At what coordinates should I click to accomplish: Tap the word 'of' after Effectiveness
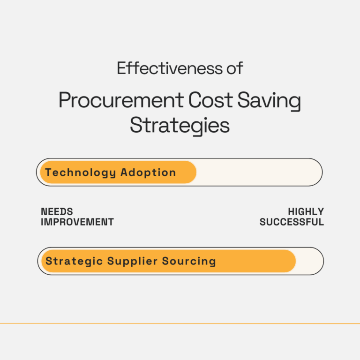pos(234,68)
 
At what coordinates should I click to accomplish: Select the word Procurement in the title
pos(120,101)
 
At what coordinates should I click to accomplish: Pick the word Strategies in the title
pos(180,125)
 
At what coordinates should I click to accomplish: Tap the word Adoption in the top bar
pos(148,172)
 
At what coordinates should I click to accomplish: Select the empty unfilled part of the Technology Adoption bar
pos(258,172)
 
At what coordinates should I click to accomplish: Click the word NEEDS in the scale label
pos(57,212)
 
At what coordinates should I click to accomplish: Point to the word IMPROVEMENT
pos(77,222)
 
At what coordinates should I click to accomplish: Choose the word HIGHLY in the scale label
pos(306,212)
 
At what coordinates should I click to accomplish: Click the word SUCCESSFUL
pos(292,222)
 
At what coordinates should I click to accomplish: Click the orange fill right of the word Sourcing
pos(255,261)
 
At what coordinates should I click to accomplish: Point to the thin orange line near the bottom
pos(180,323)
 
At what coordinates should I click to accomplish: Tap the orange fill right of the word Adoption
pos(187,172)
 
